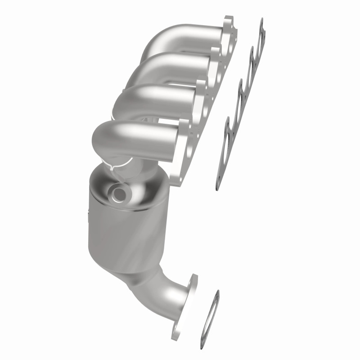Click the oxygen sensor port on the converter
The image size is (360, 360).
121,194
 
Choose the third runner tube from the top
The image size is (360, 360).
153,97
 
